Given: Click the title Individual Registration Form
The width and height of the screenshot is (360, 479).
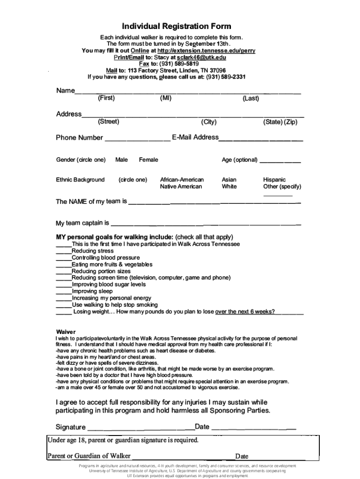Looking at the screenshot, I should pyautogui.click(x=177, y=26).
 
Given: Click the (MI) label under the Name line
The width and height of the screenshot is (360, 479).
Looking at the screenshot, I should pyautogui.click(x=166, y=98).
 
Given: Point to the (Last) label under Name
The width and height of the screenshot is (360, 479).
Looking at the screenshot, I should pyautogui.click(x=251, y=98).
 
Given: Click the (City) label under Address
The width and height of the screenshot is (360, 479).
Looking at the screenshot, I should pyautogui.click(x=209, y=122).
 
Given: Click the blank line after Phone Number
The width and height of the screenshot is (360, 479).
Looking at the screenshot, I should pyautogui.click(x=137, y=139).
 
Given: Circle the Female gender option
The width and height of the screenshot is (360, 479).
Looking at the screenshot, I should pyautogui.click(x=148, y=160).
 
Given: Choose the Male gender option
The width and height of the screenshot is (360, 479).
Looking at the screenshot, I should pyautogui.click(x=121, y=160).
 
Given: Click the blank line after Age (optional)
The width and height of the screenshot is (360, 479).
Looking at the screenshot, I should pyautogui.click(x=280, y=161).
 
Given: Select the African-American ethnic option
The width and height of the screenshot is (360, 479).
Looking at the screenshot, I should pyautogui.click(x=182, y=180).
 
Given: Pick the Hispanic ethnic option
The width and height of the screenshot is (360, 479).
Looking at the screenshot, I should pyautogui.click(x=274, y=180).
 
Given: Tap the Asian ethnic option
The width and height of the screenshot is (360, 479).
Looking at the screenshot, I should pyautogui.click(x=229, y=180).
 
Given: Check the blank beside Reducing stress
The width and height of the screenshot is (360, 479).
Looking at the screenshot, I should pyautogui.click(x=64, y=252).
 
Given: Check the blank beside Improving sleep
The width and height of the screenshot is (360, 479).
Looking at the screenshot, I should pyautogui.click(x=64, y=292).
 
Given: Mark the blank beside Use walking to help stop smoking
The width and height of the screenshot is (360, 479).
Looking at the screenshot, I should pyautogui.click(x=64, y=306).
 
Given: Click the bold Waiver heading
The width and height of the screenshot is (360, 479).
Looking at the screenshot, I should pyautogui.click(x=65, y=332).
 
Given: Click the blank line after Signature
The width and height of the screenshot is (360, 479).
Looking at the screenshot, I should pyautogui.click(x=141, y=428).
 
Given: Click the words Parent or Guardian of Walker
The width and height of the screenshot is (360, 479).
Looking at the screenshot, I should pyautogui.click(x=89, y=456).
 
